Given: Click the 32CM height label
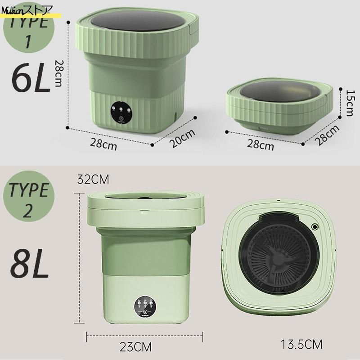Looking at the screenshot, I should [x=94, y=179].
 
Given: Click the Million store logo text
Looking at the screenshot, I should [x=27, y=8].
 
